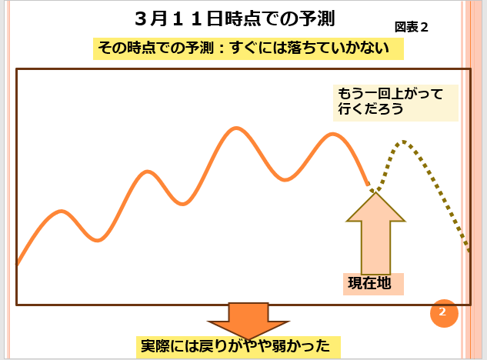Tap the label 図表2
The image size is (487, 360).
(x=412, y=26)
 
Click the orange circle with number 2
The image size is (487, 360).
(x=443, y=312)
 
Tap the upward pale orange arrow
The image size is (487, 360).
(x=375, y=231)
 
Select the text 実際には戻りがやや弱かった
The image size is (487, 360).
(x=238, y=345)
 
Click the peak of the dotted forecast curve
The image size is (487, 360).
(x=402, y=142)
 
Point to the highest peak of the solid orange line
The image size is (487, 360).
(x=235, y=128)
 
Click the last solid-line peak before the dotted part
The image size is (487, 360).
(x=332, y=135)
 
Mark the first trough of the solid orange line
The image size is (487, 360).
(x=98, y=240)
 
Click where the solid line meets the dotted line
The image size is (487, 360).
(x=369, y=185)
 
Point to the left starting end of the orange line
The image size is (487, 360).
(x=18, y=264)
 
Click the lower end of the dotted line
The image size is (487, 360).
(x=469, y=249)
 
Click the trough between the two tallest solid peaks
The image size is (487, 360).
(x=285, y=179)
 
